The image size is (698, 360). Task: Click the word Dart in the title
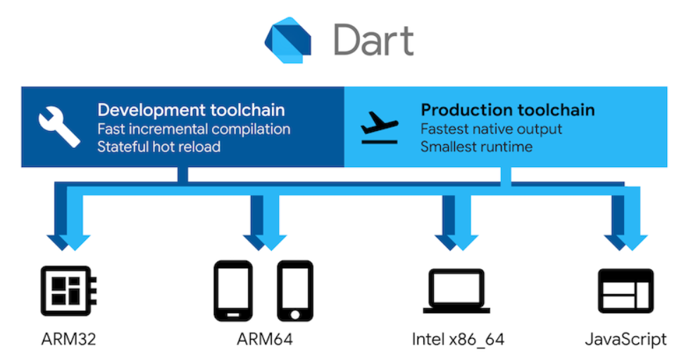click(373, 39)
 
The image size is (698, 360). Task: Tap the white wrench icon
click(59, 127)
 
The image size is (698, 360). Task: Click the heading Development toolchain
click(191, 111)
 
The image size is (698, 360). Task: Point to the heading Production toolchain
click(507, 111)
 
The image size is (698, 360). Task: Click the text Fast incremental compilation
click(194, 129)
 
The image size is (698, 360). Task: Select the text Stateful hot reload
click(158, 147)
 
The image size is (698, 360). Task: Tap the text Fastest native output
click(491, 129)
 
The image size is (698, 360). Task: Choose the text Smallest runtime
click(476, 147)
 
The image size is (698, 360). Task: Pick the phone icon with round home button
click(295, 290)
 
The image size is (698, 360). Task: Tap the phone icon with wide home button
click(232, 290)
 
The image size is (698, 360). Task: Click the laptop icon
click(457, 290)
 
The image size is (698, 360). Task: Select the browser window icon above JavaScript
click(625, 290)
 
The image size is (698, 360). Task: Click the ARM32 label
click(68, 339)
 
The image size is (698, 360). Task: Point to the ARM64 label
click(264, 339)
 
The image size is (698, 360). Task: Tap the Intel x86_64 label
click(458, 339)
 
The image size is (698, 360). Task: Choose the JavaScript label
click(625, 339)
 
